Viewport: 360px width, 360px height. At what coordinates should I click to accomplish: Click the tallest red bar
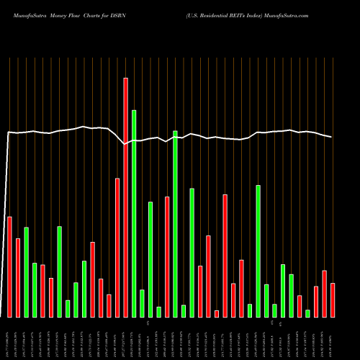click(x=125, y=197)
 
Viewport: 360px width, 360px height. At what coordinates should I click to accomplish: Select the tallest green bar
click(x=134, y=213)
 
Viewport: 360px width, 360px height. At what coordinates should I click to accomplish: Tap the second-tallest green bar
click(x=175, y=223)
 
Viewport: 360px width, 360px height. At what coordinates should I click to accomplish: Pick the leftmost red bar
click(x=9, y=266)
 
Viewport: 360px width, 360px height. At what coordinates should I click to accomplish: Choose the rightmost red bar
click(x=333, y=300)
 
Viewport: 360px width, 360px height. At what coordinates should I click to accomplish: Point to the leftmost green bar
click(x=26, y=272)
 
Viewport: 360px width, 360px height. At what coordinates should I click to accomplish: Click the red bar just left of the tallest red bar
click(x=117, y=248)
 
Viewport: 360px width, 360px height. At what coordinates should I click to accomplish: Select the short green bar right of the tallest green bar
click(x=142, y=303)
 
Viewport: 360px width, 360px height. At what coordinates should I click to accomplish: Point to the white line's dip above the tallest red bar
click(x=125, y=143)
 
